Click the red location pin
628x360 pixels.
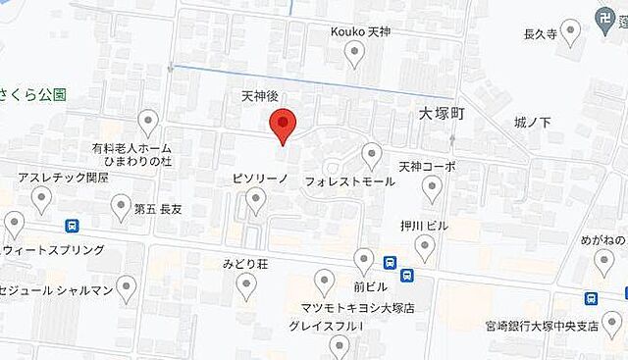pyautogui.click(x=283, y=125)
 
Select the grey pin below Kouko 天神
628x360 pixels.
pyautogui.click(x=356, y=57)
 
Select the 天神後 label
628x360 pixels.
pyautogui.click(x=260, y=97)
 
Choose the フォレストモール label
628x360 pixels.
pyautogui.click(x=337, y=182)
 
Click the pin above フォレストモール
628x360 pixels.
pyautogui.click(x=371, y=154)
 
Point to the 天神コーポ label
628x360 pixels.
pyautogui.click(x=427, y=167)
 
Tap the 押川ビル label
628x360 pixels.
pyautogui.click(x=423, y=226)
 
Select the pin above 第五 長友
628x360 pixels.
pyautogui.click(x=120, y=205)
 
